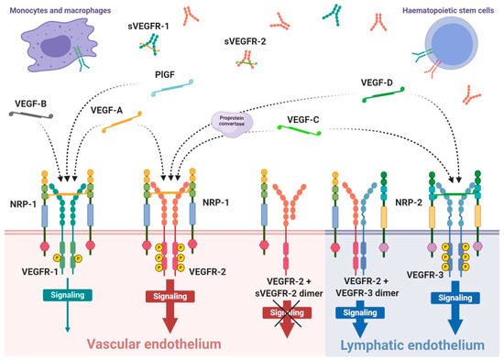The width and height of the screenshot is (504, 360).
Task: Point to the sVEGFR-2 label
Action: tap(246, 41)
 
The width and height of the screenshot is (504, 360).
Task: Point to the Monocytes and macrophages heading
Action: tap(54, 8)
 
